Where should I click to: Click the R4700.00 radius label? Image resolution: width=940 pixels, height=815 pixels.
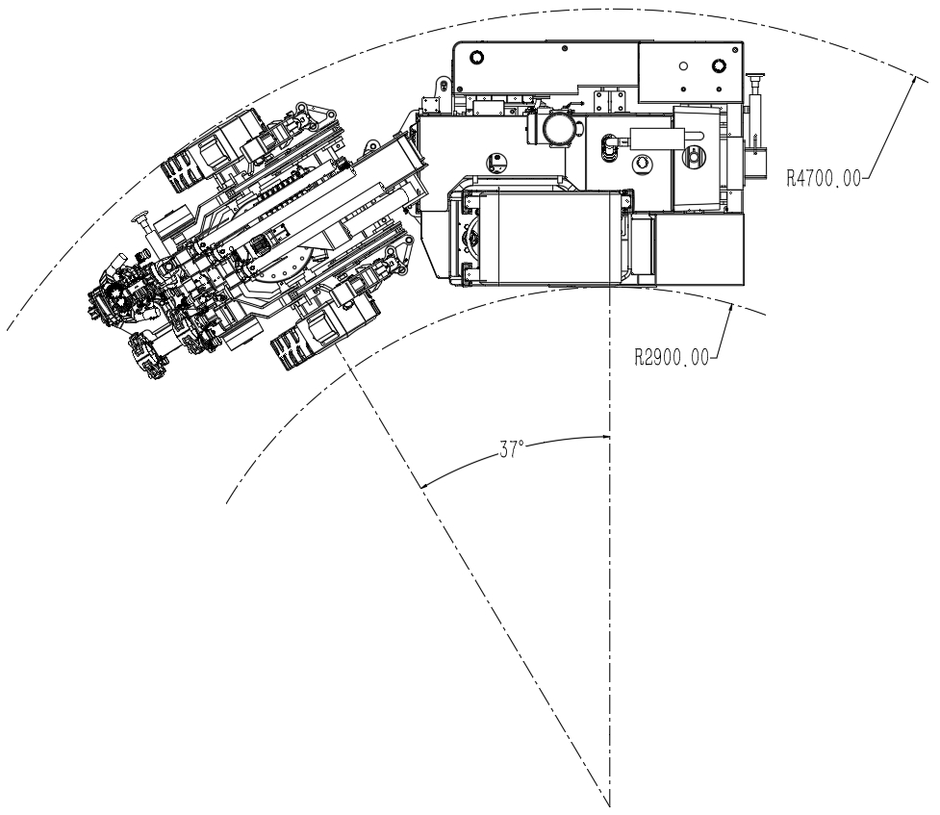pos(823,178)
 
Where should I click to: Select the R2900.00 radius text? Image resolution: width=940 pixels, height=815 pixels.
pos(672,358)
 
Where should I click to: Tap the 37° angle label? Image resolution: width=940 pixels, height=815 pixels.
pos(511,449)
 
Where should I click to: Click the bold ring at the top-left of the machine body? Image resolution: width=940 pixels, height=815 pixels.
pos(477,58)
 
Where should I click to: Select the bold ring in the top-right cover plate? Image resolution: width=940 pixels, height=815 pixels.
pos(718,65)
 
